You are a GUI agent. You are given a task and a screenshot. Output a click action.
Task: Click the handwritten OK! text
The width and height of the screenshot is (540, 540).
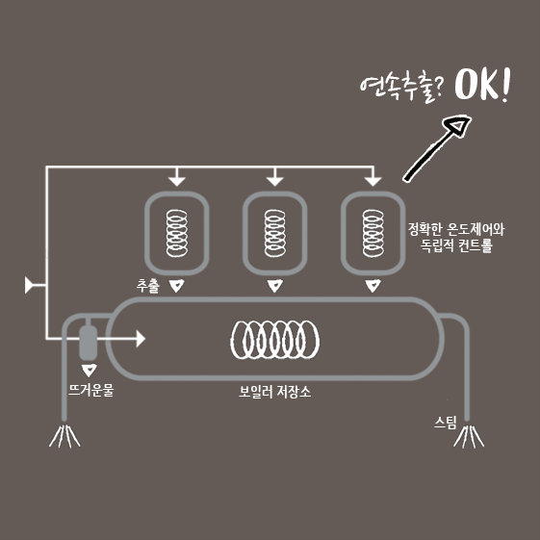(x=482, y=84)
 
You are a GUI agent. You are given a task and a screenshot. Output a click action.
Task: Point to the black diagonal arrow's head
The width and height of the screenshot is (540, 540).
(x=457, y=126)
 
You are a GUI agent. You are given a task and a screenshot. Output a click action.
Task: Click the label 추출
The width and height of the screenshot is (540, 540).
(x=148, y=286)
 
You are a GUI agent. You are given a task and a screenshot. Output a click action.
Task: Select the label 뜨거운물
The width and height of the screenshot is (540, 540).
(x=90, y=390)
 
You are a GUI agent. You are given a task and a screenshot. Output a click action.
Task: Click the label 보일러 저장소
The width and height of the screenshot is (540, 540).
(x=274, y=392)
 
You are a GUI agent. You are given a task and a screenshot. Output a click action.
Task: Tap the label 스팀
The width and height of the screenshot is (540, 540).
(x=446, y=423)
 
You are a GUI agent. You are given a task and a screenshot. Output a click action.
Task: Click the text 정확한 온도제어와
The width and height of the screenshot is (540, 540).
(x=456, y=229)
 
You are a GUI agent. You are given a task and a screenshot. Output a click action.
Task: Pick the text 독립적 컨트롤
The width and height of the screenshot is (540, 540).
(x=456, y=245)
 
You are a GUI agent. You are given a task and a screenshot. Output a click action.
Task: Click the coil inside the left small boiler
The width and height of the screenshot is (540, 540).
(x=177, y=233)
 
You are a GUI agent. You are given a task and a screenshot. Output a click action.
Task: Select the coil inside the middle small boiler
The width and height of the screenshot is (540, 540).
(x=275, y=233)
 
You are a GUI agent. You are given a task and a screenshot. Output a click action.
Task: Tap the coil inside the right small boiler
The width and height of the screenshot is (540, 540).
(x=373, y=233)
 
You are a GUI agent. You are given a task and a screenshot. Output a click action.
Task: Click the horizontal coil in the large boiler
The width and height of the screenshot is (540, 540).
(x=275, y=340)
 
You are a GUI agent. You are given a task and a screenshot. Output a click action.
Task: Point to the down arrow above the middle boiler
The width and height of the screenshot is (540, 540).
(x=275, y=177)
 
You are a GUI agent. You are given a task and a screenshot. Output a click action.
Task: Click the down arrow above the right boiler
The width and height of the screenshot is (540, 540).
(x=373, y=177)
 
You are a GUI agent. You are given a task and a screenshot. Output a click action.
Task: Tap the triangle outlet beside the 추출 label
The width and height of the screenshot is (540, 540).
(x=177, y=286)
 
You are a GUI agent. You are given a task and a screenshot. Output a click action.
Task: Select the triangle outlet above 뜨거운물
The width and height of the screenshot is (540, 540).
(x=90, y=370)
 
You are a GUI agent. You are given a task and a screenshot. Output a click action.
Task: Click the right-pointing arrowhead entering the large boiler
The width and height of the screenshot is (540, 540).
(x=141, y=339)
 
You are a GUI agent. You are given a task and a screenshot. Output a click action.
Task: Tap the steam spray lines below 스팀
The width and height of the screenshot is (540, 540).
(x=469, y=437)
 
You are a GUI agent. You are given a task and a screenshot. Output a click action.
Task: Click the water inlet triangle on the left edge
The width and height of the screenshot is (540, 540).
(x=29, y=285)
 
